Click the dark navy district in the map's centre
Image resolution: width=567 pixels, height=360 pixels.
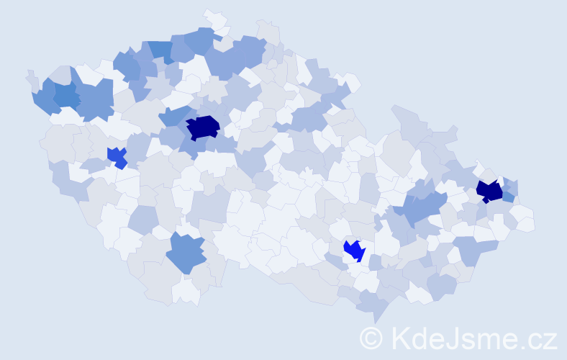[203, 127]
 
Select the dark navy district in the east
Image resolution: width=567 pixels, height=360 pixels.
[489, 191]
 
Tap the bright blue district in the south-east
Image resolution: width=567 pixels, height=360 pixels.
[354, 250]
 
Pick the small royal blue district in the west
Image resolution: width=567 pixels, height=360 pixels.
[117, 156]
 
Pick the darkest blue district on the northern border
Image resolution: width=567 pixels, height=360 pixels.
[161, 50]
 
